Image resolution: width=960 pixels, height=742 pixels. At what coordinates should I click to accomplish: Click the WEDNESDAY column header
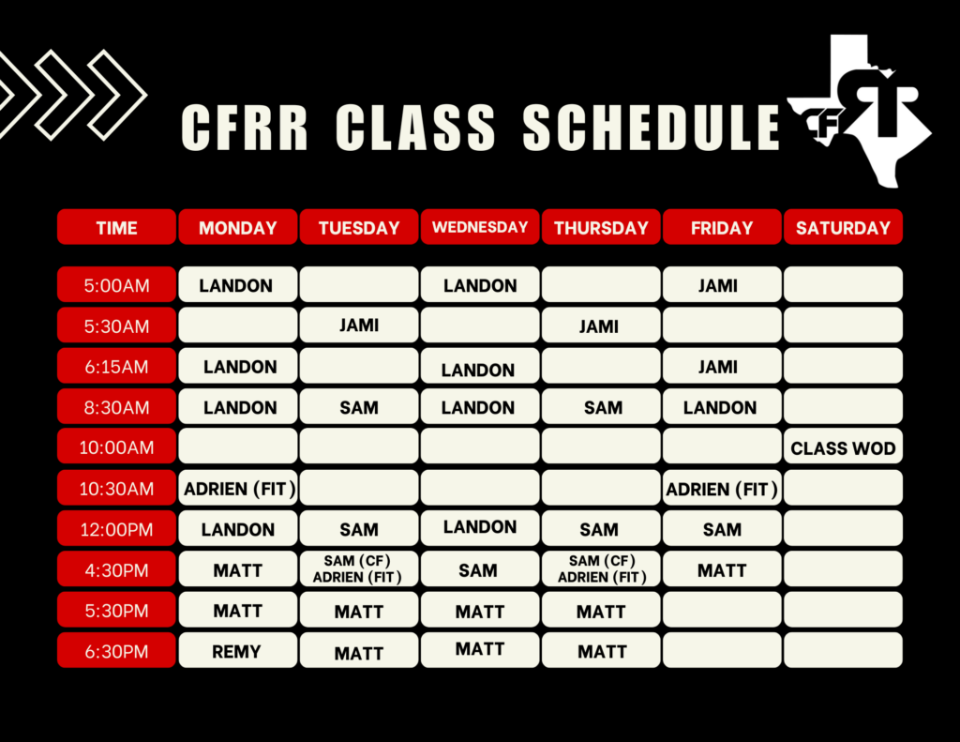point(480,227)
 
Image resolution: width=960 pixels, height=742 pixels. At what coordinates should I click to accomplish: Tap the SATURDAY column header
point(843,227)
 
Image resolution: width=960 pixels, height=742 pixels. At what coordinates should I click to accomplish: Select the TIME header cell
point(116,227)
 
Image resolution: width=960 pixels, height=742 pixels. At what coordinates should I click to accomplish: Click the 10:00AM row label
point(116,447)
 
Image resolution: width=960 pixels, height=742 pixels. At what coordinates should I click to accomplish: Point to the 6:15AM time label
point(116,367)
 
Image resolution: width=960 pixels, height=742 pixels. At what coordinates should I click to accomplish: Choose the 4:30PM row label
point(116,569)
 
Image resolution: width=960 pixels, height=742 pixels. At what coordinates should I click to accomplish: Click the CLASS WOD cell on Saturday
point(843,447)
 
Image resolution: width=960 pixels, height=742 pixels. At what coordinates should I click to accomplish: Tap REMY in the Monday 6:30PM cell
point(237,651)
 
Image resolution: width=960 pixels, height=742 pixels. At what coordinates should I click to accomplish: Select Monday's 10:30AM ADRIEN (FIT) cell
point(237,489)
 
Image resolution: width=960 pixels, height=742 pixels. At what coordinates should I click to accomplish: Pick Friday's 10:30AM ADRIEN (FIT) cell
point(722,489)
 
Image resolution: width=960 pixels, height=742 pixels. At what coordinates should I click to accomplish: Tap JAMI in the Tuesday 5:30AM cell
point(359,326)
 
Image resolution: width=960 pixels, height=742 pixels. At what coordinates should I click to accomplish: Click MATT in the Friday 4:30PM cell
point(722,569)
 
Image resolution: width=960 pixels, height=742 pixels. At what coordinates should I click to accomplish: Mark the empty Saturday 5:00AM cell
point(843,285)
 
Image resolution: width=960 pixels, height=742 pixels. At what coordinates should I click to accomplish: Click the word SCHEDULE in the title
point(651,127)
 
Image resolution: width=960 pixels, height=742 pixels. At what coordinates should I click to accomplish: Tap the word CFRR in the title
point(245,127)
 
